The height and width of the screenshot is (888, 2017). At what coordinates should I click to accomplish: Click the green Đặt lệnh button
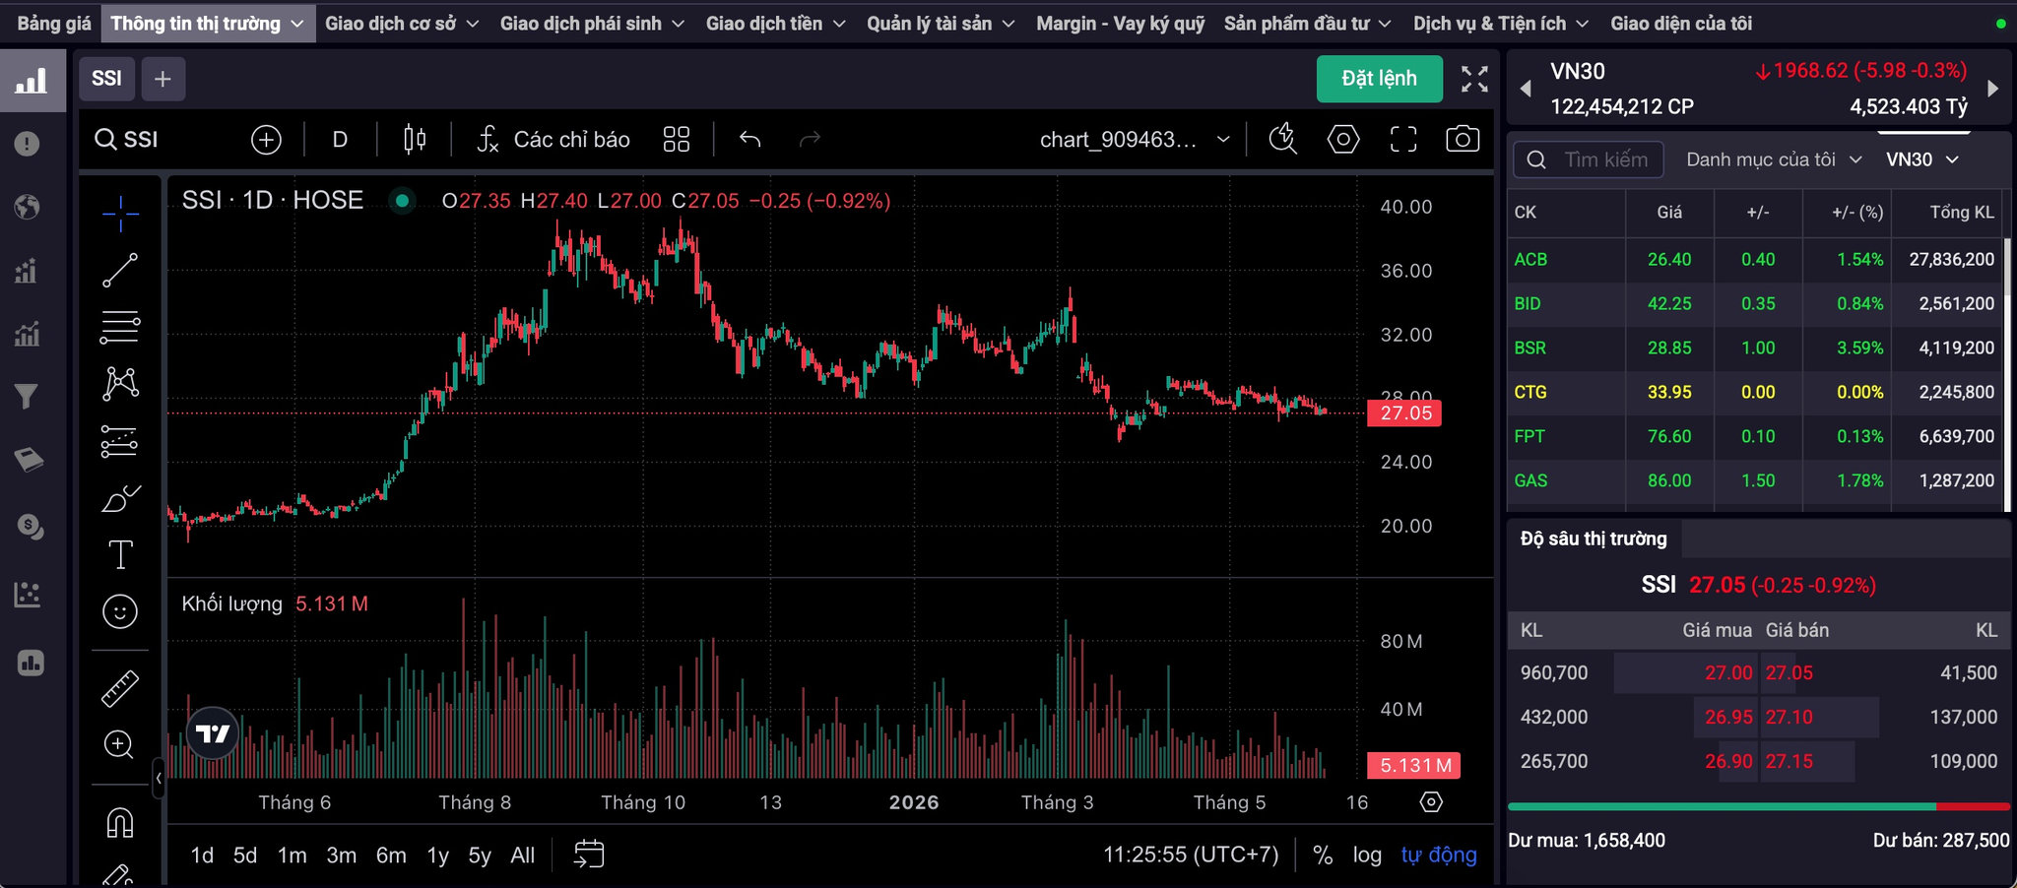[1379, 79]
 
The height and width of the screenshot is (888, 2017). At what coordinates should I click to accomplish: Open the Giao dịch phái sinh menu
[592, 24]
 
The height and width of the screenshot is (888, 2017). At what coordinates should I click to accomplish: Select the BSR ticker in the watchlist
[1529, 348]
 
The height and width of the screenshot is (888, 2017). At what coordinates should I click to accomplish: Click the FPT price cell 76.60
[1669, 436]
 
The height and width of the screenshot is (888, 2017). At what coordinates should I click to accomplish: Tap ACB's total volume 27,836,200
[1951, 259]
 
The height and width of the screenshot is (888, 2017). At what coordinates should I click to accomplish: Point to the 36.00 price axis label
[1405, 271]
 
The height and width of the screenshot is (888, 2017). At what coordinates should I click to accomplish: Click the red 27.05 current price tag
[1404, 412]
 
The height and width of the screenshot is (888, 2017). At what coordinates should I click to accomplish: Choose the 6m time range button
[391, 856]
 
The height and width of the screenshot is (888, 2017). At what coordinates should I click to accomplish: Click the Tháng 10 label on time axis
[642, 802]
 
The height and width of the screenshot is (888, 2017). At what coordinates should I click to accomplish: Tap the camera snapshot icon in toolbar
[1463, 139]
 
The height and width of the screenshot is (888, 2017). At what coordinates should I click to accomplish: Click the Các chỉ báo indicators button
[553, 140]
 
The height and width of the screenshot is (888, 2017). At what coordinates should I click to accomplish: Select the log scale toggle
[1367, 856]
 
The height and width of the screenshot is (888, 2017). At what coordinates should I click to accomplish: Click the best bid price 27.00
[1728, 672]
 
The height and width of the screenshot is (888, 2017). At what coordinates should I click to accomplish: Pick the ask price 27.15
[1789, 761]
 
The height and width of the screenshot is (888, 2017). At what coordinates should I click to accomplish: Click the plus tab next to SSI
[163, 79]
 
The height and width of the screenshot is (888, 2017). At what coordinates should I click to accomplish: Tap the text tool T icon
[120, 555]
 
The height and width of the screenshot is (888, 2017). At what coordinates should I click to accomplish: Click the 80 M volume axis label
[1400, 642]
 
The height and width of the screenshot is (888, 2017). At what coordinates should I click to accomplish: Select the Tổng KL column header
[1962, 212]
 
